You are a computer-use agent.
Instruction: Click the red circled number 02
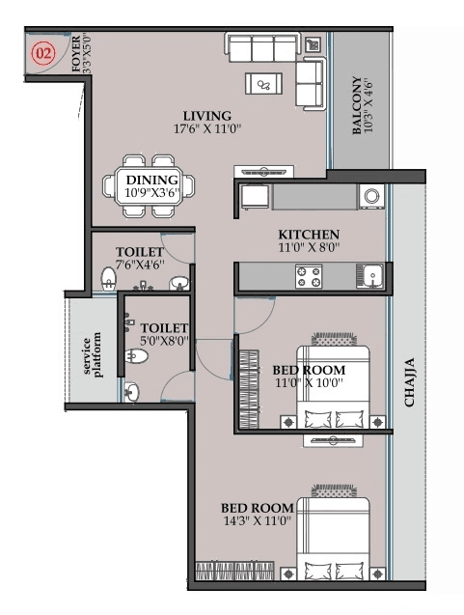(43, 54)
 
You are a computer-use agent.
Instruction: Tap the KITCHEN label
(309, 234)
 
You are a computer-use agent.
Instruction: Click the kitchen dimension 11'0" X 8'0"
(309, 248)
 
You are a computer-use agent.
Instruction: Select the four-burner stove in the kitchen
(308, 277)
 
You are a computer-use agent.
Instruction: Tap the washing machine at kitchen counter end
(371, 196)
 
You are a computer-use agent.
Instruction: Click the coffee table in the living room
(263, 84)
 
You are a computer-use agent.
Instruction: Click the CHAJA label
(409, 381)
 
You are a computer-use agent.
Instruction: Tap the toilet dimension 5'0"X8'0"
(162, 340)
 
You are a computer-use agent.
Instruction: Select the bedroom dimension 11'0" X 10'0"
(308, 383)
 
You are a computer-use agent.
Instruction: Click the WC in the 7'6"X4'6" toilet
(108, 280)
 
